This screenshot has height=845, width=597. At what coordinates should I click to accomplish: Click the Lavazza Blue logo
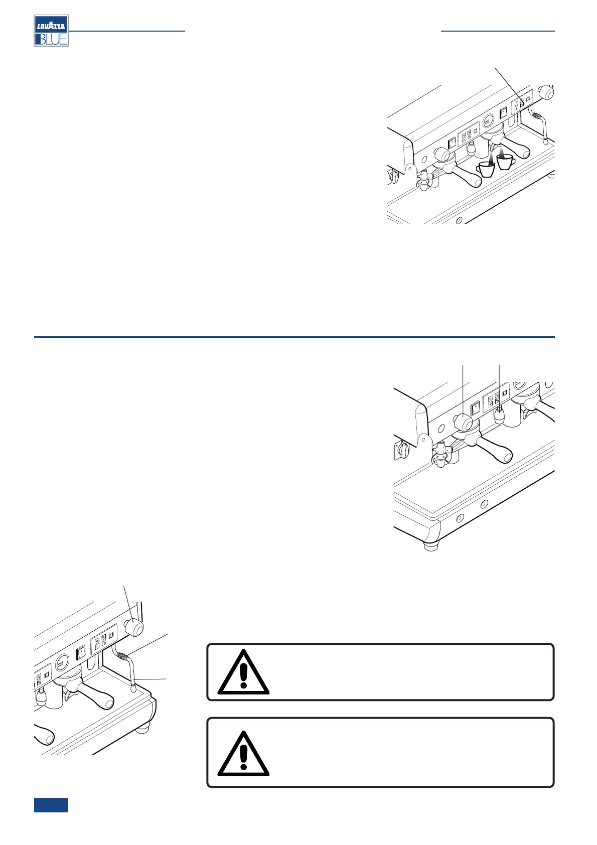pos(51,31)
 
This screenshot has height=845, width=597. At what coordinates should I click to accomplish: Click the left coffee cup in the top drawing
pos(486,169)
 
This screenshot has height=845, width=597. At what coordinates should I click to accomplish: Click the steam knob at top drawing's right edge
pos(546,92)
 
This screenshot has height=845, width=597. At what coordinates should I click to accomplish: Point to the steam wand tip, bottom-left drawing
pos(133,689)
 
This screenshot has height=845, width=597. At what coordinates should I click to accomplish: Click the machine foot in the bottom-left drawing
pos(143,726)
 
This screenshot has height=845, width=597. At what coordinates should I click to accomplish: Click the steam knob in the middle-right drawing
pos(464,422)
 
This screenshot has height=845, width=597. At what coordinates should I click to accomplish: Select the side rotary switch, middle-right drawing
pos(400,450)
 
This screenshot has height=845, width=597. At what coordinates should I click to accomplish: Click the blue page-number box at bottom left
pos(51,805)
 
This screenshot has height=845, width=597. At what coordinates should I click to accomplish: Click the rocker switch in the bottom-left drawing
pos(80,653)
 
